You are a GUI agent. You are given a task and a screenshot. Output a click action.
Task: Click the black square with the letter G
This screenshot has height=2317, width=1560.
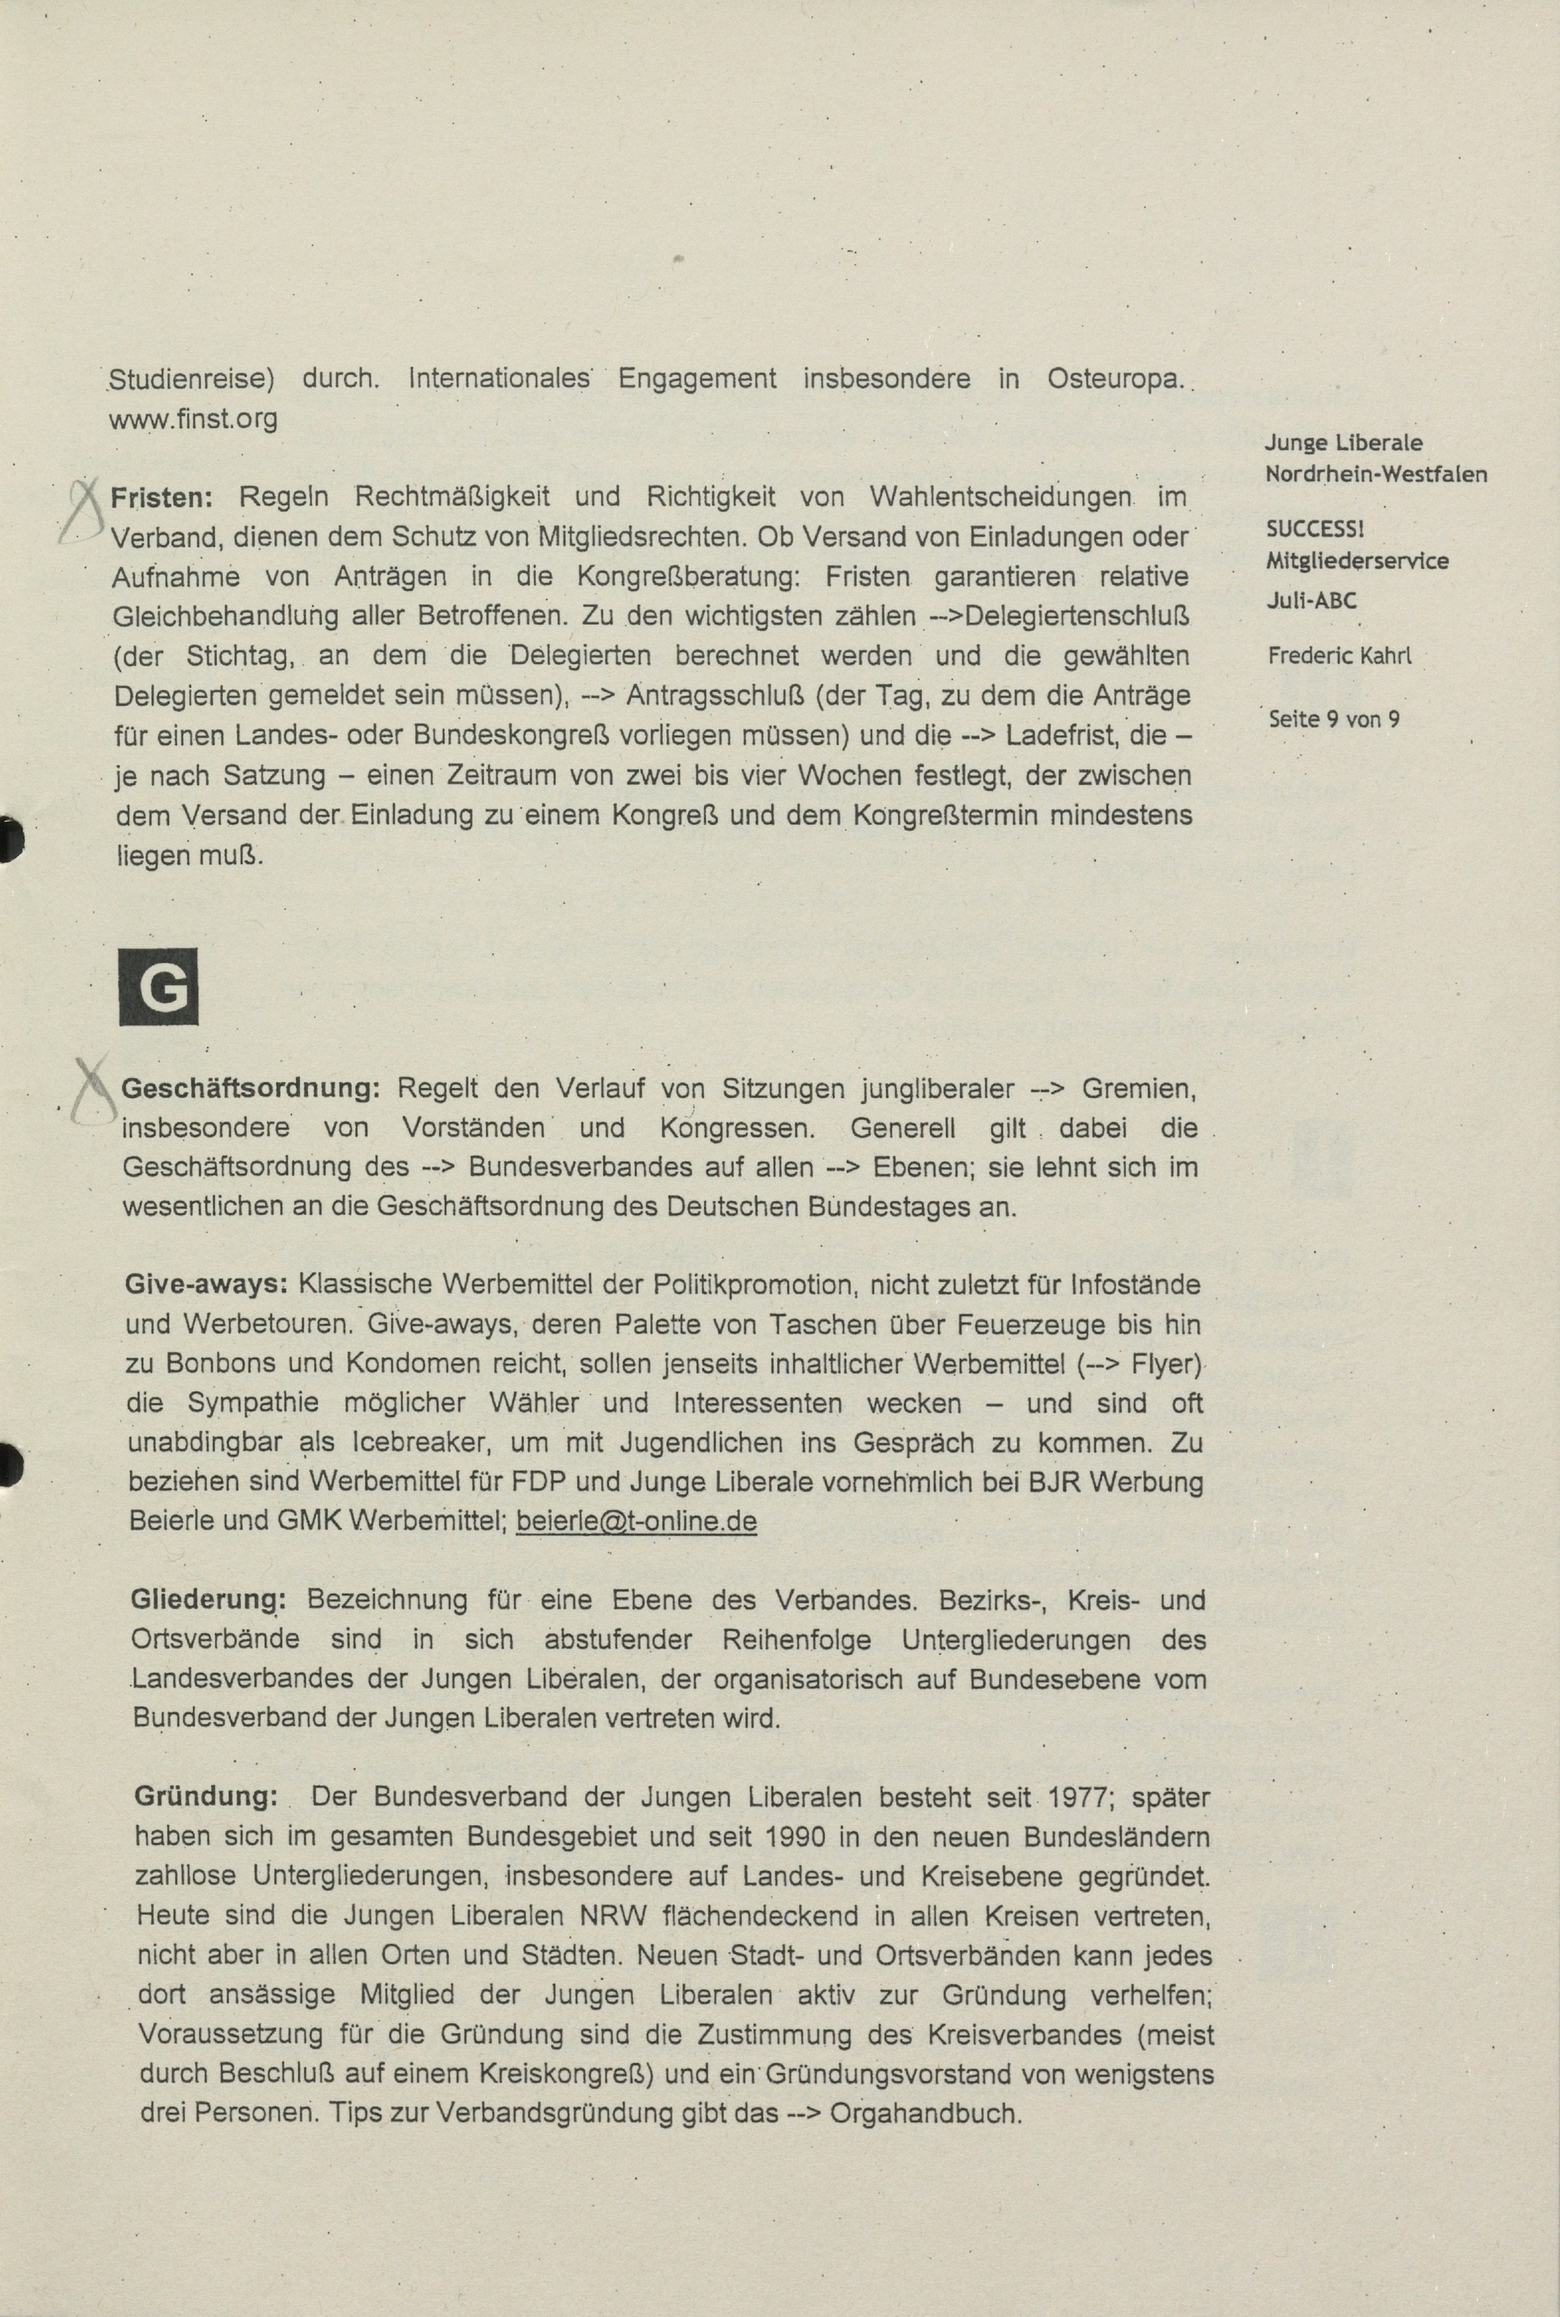click(x=158, y=985)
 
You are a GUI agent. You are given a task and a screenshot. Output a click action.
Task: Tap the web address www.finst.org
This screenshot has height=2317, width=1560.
click(x=193, y=419)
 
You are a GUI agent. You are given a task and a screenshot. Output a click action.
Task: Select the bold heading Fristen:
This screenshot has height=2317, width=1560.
click(x=168, y=495)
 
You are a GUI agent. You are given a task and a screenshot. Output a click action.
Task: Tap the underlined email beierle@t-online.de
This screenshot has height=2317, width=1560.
click(x=636, y=1522)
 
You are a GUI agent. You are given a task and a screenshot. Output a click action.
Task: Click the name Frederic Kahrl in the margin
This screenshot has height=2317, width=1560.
click(x=1339, y=656)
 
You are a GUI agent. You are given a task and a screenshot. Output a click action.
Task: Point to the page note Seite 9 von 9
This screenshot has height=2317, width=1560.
click(x=1334, y=719)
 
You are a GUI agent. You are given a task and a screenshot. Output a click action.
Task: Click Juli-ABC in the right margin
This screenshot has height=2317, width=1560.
click(x=1311, y=600)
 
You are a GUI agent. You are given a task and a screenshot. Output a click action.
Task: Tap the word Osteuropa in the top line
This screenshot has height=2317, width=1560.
click(x=1115, y=379)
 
